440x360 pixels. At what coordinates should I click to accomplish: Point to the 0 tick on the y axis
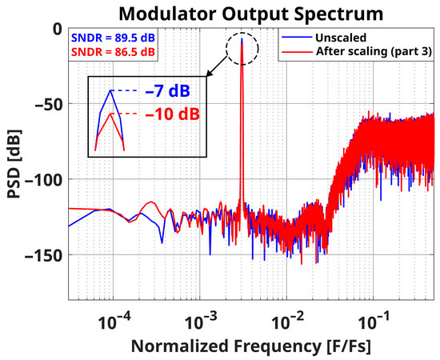click(x=56, y=29)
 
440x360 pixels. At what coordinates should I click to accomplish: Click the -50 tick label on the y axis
click(x=47, y=104)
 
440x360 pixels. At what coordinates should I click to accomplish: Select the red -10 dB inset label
click(x=172, y=114)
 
